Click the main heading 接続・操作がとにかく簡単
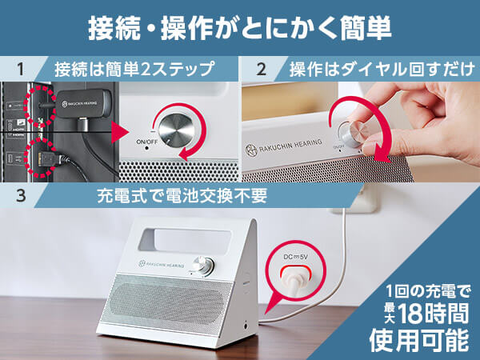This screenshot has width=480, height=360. point(240,28)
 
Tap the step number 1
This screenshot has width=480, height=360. point(21,69)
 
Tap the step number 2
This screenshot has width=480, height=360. point(261,69)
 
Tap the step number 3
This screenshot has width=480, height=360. point(21,195)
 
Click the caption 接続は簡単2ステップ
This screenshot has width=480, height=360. point(134,69)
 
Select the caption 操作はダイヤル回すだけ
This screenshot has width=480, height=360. point(382,69)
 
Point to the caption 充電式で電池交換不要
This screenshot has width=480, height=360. point(182,196)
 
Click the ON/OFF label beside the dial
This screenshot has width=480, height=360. point(146,142)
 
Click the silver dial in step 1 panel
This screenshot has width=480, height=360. point(176,130)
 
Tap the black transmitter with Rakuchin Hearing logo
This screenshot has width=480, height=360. point(83,103)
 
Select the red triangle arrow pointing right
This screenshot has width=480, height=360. point(120,132)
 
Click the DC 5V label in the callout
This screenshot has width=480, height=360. point(295,257)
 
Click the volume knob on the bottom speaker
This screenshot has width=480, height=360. point(203,264)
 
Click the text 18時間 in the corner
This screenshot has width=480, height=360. point(434,313)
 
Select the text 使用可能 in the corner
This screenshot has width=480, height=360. point(419,340)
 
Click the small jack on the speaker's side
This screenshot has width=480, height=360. point(246,325)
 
